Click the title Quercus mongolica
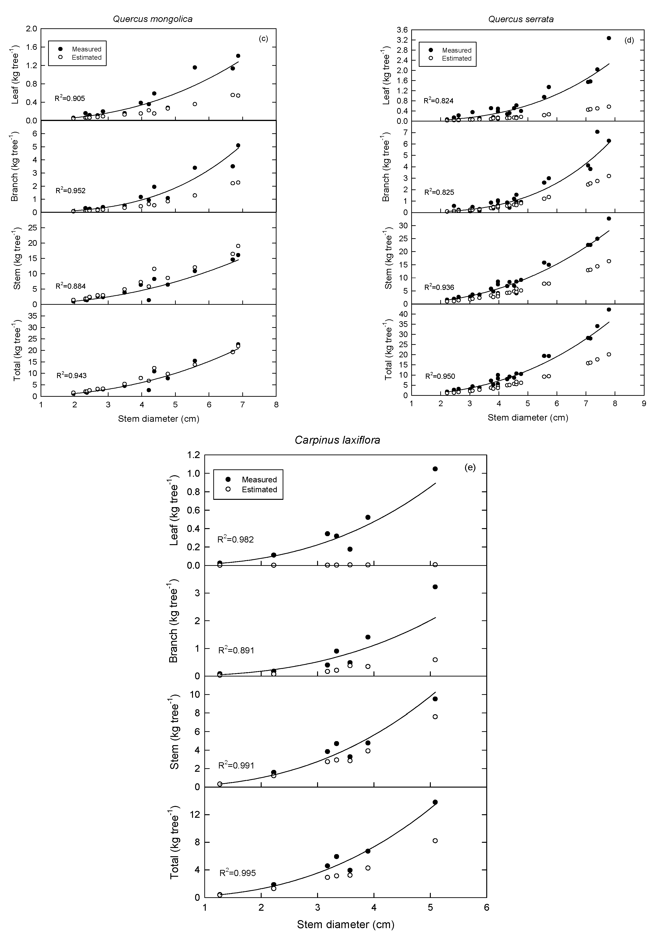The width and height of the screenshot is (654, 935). pyautogui.click(x=152, y=19)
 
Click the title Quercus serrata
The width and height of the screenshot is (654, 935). pyautogui.click(x=521, y=19)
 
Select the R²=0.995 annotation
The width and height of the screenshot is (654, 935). pyautogui.click(x=237, y=873)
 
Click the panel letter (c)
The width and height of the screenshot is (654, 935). pyautogui.click(x=263, y=39)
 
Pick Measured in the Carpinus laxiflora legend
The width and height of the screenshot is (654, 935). pyautogui.click(x=259, y=480)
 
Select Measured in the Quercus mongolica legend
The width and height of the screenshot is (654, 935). pyautogui.click(x=86, y=49)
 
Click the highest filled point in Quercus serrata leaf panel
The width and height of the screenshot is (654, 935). pyautogui.click(x=609, y=38)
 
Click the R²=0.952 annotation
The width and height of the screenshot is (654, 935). pyautogui.click(x=71, y=190)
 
